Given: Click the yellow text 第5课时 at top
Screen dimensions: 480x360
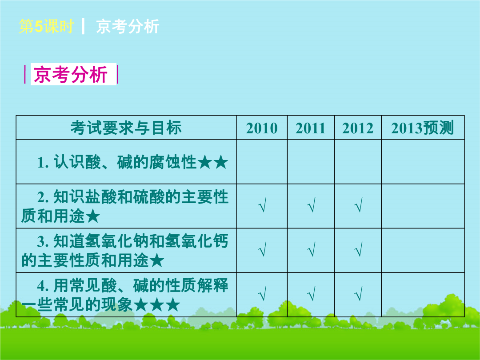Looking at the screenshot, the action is click(x=46, y=26).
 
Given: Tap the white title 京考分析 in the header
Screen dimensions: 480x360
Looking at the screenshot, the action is click(x=128, y=26).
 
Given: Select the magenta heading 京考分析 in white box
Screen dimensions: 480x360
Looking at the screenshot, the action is click(x=70, y=74).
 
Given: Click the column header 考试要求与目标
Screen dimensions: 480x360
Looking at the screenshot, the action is click(x=126, y=128).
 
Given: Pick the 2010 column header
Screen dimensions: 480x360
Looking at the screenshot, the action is click(x=262, y=128).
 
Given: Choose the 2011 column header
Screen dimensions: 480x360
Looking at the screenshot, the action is click(x=311, y=128).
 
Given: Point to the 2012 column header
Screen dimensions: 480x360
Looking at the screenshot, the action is click(x=358, y=128).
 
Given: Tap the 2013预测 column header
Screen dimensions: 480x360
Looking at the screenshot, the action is click(x=423, y=128).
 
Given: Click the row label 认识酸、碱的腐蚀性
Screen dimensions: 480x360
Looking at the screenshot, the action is click(x=125, y=162).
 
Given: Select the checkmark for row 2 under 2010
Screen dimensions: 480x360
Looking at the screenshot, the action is click(x=262, y=205).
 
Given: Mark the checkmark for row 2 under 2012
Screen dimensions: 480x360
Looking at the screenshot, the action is click(x=358, y=205).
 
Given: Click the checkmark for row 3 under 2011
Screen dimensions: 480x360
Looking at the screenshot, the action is click(x=311, y=249).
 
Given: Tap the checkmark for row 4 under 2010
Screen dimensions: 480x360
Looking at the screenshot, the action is click(x=262, y=293).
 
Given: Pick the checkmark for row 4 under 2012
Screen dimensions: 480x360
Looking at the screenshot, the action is click(x=358, y=293).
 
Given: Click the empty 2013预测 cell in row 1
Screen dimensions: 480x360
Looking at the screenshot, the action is click(x=423, y=162).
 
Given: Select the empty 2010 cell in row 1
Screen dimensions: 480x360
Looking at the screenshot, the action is click(x=262, y=162).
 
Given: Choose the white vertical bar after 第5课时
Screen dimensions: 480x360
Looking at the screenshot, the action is click(x=83, y=26).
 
